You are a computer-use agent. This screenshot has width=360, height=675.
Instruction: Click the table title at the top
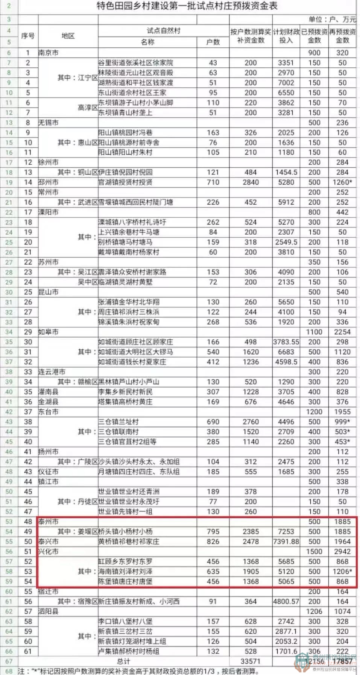(x=187, y=6)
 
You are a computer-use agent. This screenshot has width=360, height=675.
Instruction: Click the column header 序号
(x=28, y=36)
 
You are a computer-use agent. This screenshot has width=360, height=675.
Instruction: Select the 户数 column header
(x=213, y=42)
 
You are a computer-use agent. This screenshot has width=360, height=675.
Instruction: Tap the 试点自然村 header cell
(x=164, y=31)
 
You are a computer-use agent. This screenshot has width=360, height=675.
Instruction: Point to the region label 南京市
(x=49, y=53)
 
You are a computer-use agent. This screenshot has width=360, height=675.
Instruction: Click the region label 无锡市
(x=49, y=123)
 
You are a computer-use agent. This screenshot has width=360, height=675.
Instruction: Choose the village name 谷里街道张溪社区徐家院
(x=136, y=63)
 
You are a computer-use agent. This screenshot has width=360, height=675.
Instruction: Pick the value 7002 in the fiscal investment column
(x=286, y=83)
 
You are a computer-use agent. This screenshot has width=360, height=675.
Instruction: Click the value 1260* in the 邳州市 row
(x=342, y=182)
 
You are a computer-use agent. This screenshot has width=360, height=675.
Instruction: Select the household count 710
(x=213, y=182)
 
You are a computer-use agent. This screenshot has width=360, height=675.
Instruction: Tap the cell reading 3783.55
(x=286, y=342)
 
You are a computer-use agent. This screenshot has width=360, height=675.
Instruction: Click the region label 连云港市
(x=52, y=372)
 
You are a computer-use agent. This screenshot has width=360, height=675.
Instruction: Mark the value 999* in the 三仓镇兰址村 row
(x=342, y=422)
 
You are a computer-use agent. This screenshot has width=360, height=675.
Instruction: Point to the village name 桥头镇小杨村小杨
(x=126, y=532)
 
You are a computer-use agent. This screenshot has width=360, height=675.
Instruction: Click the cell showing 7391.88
(x=286, y=542)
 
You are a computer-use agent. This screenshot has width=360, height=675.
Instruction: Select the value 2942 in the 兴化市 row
(x=342, y=552)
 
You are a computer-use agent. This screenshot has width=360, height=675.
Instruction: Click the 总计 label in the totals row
(x=123, y=661)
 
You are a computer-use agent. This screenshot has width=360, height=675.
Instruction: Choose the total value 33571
(x=251, y=661)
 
